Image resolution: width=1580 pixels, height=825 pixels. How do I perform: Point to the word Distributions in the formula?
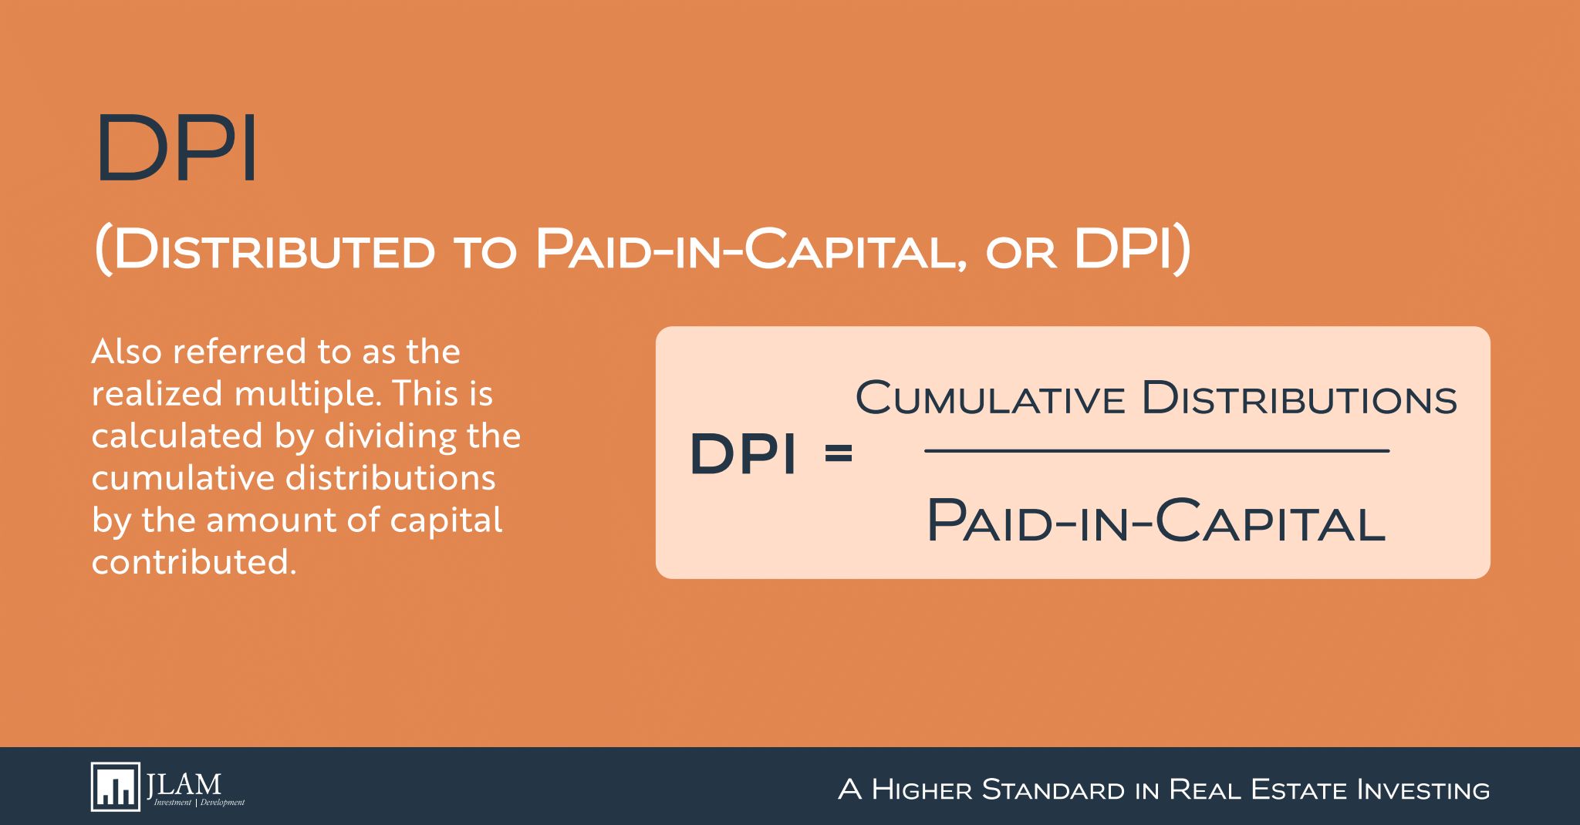click(x=1299, y=399)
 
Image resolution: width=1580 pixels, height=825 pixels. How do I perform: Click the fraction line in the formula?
click(x=1156, y=451)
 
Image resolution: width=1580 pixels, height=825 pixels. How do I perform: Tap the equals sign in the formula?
click(x=839, y=453)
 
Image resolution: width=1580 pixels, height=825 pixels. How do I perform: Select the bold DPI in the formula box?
click(x=742, y=453)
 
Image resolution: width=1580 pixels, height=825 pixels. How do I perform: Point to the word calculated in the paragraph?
click(x=178, y=436)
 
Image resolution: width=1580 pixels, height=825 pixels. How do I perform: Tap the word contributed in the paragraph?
click(x=194, y=562)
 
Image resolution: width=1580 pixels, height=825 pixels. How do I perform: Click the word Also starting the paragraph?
click(x=127, y=352)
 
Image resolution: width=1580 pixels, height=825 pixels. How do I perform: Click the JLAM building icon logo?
click(x=116, y=787)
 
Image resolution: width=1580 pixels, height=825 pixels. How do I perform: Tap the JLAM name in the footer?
click(x=184, y=784)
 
